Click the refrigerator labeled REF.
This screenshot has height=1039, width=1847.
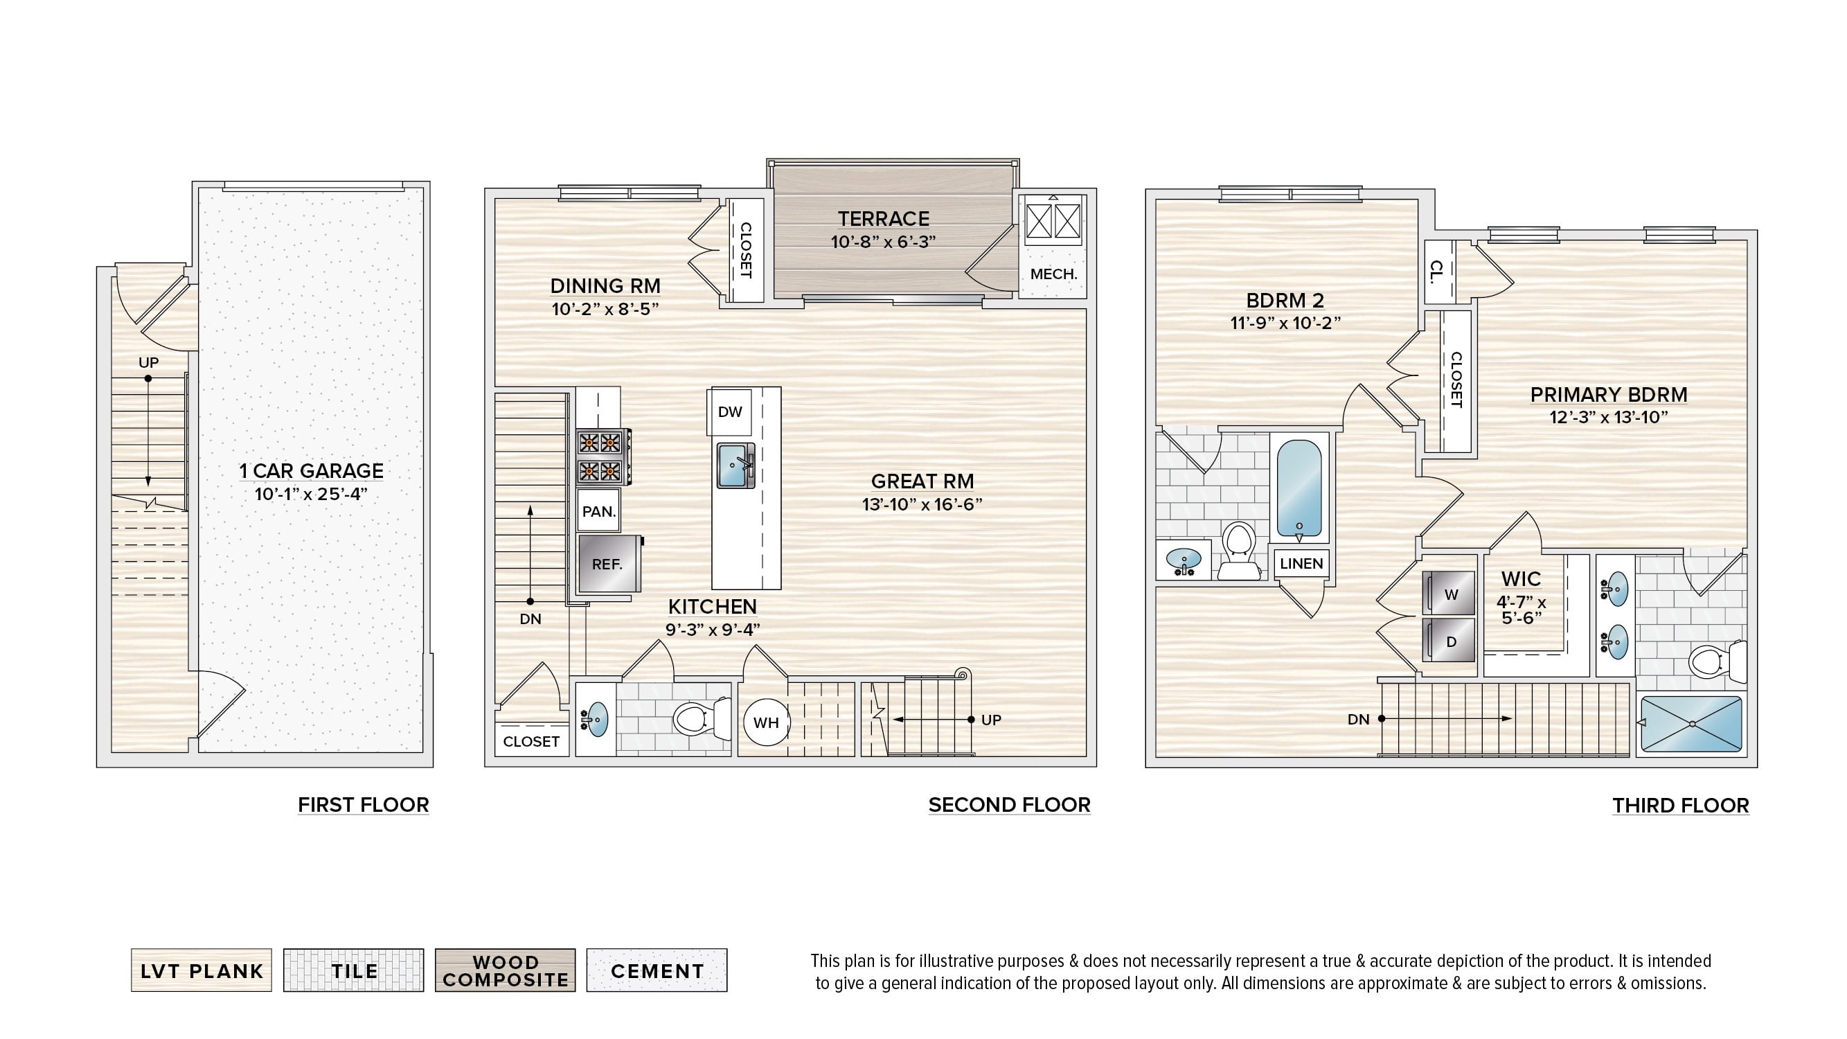click(x=609, y=564)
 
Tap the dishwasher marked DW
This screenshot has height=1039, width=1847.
click(x=730, y=411)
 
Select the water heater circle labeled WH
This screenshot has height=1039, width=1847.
click(x=766, y=722)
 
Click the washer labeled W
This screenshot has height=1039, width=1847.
click(x=1449, y=593)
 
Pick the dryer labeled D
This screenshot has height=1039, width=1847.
click(x=1449, y=639)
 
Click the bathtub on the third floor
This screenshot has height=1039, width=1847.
click(x=1299, y=490)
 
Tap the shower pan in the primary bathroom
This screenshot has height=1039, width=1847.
click(x=1691, y=724)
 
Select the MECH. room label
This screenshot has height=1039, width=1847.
click(x=1053, y=274)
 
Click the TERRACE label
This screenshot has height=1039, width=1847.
click(x=884, y=219)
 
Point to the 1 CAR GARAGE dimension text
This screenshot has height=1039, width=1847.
click(x=311, y=494)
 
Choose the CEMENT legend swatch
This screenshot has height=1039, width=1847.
click(x=657, y=970)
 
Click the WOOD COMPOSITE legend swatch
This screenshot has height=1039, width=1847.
click(x=505, y=970)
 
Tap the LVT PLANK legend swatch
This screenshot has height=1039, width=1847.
click(x=202, y=970)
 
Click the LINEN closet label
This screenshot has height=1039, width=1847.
click(x=1301, y=564)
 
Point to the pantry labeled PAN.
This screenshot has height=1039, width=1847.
click(x=598, y=511)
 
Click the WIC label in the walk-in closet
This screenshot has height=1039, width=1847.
click(x=1521, y=578)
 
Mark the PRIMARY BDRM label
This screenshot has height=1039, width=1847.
click(x=1608, y=394)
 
